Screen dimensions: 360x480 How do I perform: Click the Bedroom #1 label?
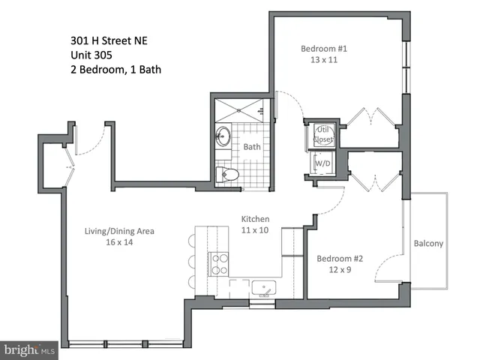pos(324,49)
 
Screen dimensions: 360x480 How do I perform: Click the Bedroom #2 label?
pos(339,259)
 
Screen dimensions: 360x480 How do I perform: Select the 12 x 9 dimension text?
pos(339,271)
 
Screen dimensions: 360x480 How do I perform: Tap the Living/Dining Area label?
pos(119,231)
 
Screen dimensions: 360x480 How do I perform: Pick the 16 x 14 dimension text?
pos(119,243)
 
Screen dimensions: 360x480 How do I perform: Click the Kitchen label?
pos(255,219)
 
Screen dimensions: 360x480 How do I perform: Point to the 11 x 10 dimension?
pos(255,231)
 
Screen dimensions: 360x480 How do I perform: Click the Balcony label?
pos(428,243)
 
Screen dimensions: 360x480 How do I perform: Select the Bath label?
pos(252,146)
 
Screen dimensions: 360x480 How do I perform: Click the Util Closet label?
pos(322,134)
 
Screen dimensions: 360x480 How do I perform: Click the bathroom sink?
pos(223,137)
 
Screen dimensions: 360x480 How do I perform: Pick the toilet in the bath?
pos(226,175)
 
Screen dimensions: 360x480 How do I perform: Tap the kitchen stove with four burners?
pos(219,264)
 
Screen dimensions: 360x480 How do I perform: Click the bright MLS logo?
pos(31,349)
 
